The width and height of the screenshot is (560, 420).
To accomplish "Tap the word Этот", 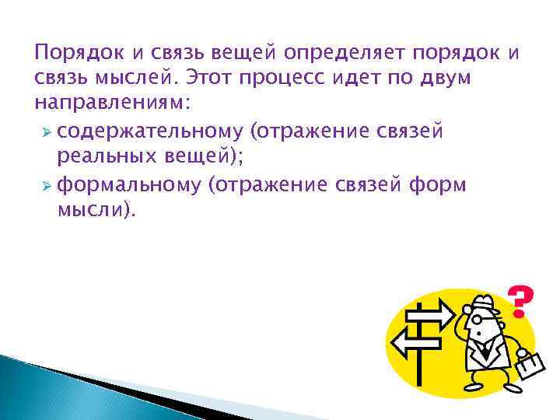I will click(204, 79).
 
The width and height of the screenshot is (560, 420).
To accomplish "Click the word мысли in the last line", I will click(86, 210).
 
